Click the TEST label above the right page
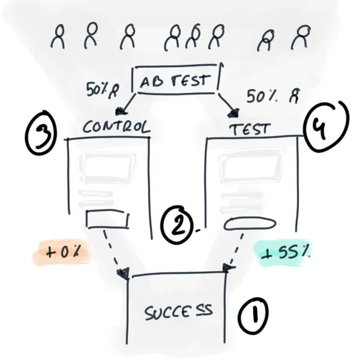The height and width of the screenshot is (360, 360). [250, 128]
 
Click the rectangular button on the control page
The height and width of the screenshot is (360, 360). [107, 220]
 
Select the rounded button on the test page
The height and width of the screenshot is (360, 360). [250, 224]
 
